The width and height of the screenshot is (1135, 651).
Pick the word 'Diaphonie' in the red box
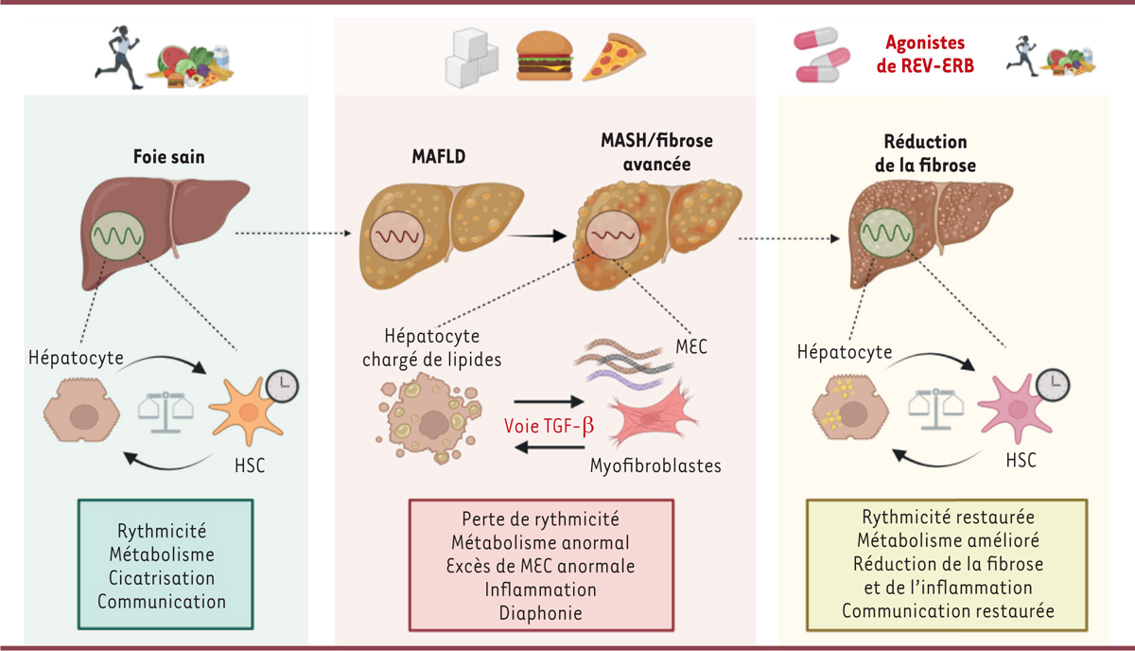(540, 611)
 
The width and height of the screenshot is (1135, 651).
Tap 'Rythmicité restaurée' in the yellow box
(947, 518)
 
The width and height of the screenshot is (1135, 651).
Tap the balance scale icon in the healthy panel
(166, 411)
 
